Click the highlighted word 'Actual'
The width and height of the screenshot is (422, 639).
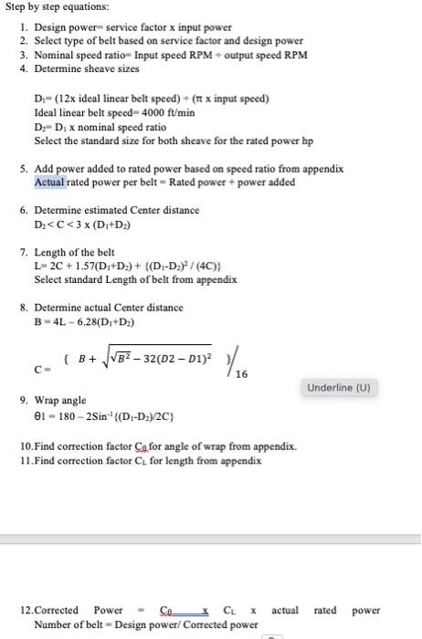(x=50, y=183)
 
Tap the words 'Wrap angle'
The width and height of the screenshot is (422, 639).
(x=60, y=401)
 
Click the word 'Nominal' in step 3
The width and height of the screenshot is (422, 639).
(x=53, y=56)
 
